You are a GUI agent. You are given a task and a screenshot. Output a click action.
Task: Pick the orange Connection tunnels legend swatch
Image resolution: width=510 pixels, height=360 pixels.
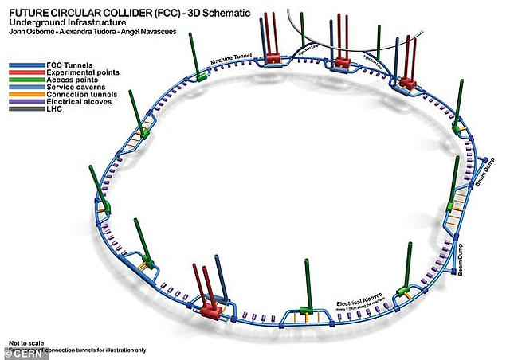[24, 95]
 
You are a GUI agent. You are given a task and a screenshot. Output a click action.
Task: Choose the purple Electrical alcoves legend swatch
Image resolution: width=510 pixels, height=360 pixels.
[24, 102]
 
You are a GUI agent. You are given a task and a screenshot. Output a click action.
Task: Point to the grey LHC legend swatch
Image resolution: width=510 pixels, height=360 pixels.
[24, 110]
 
